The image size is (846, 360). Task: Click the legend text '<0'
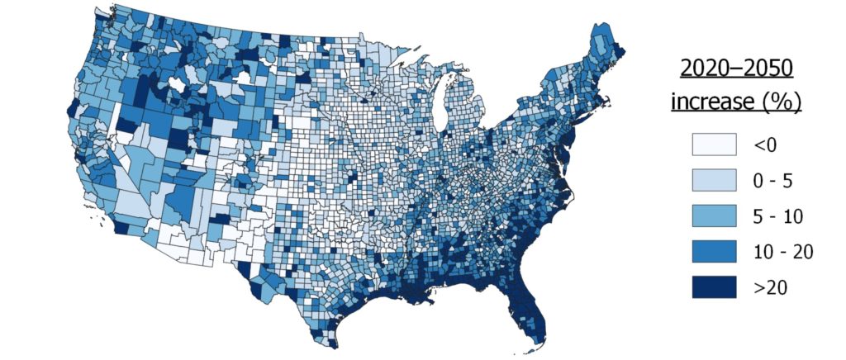coord(764,146)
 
